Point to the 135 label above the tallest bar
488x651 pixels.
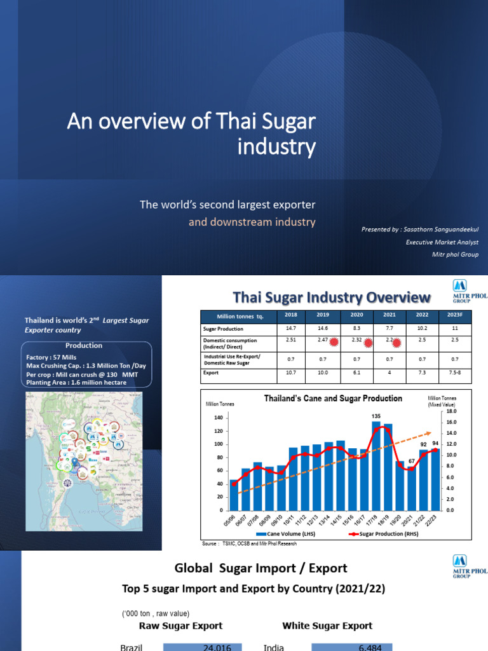tap(376, 416)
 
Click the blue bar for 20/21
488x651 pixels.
tap(411, 490)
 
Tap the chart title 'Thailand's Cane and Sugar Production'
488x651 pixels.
tap(333, 399)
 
